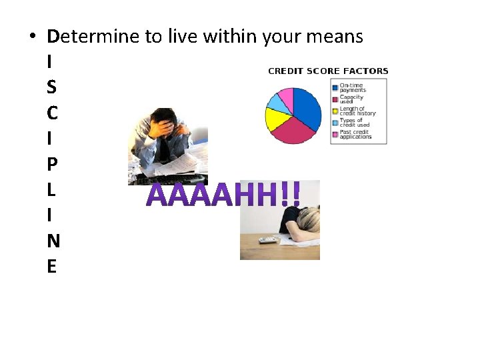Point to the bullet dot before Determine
(x=33, y=37)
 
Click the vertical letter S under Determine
(x=52, y=87)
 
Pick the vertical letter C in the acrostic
(x=52, y=113)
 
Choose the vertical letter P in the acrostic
(x=52, y=165)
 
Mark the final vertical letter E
(x=52, y=267)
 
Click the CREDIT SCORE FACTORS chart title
(x=327, y=71)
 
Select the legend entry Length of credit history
(x=357, y=111)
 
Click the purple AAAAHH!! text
(x=223, y=195)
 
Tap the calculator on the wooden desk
(x=267, y=239)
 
